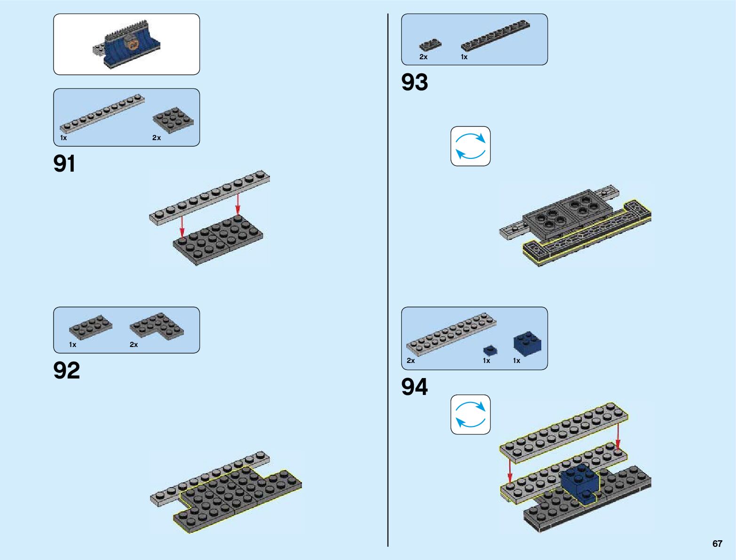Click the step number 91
point(64,164)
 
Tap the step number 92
point(67,371)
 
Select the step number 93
point(414,82)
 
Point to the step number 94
point(414,387)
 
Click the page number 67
point(717,544)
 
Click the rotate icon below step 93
point(470,146)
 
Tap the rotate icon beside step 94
point(470,414)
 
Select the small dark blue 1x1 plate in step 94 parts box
point(490,350)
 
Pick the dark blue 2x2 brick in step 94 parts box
point(527,344)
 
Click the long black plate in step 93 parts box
point(495,35)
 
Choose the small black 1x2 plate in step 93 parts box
point(430,45)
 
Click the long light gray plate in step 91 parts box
point(102,113)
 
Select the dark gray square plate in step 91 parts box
point(173,119)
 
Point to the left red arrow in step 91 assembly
point(182,227)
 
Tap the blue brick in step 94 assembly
point(581,481)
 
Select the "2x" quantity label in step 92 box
point(134,345)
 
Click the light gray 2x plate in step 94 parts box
point(451,333)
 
